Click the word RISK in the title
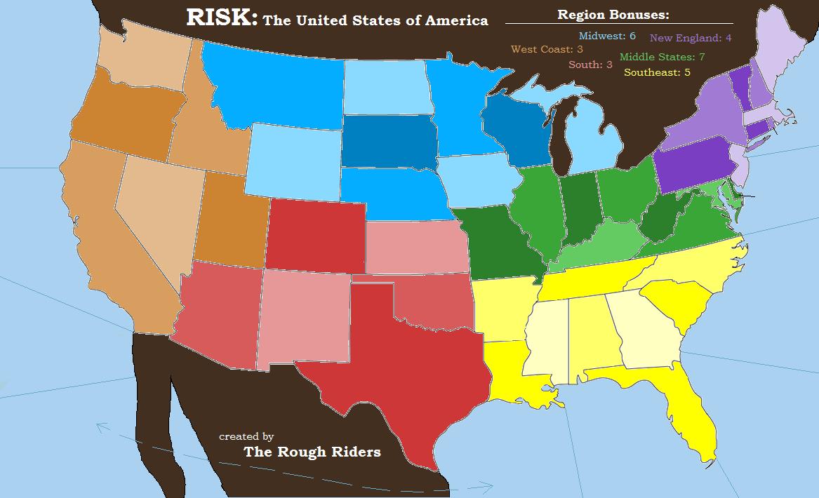click(220, 18)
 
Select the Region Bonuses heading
click(613, 15)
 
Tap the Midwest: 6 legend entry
click(607, 36)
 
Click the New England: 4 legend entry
click(691, 39)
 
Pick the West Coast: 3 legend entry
click(547, 49)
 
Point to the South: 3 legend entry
click(590, 65)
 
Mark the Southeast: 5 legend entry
click(657, 72)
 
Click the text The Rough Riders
click(312, 452)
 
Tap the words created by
click(246, 436)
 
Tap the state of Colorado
click(316, 235)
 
